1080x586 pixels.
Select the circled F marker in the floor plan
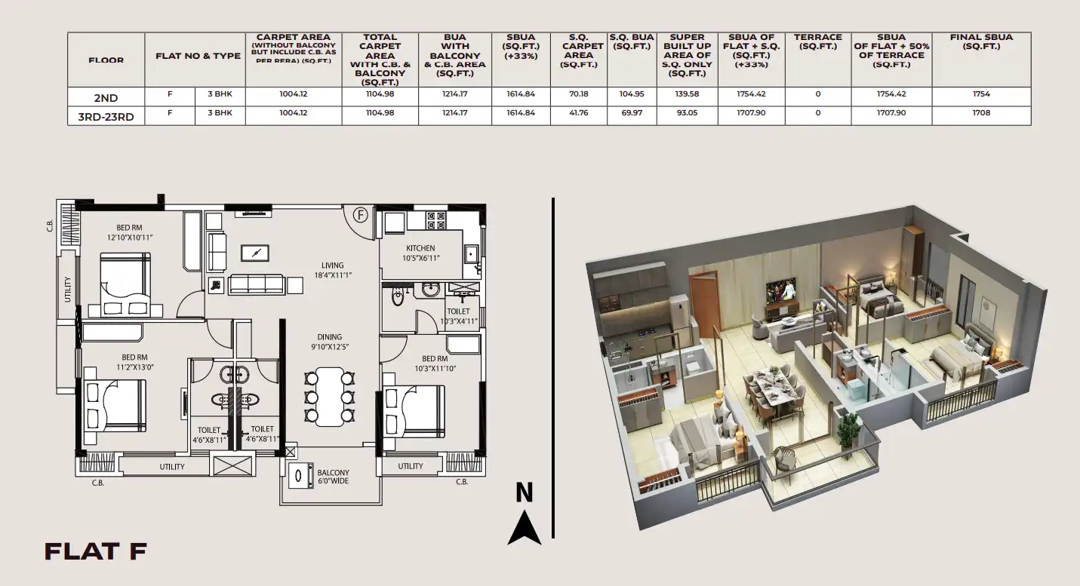(x=360, y=215)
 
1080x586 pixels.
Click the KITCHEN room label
(x=420, y=248)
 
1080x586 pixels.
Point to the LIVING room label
(x=333, y=265)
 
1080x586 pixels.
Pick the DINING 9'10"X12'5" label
(x=330, y=342)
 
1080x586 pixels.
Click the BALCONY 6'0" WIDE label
(x=333, y=477)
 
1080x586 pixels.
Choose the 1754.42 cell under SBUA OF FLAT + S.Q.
(x=751, y=94)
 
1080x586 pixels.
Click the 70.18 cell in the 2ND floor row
(x=579, y=94)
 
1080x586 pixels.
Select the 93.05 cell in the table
(x=687, y=113)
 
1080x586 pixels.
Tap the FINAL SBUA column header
(x=981, y=41)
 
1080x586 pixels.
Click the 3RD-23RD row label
(x=106, y=117)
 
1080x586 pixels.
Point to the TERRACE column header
(x=817, y=41)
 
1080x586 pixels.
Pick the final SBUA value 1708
(x=981, y=113)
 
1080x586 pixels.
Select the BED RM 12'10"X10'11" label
(x=129, y=232)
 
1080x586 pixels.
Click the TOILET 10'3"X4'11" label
(x=459, y=316)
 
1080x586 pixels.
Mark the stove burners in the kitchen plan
(x=436, y=221)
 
